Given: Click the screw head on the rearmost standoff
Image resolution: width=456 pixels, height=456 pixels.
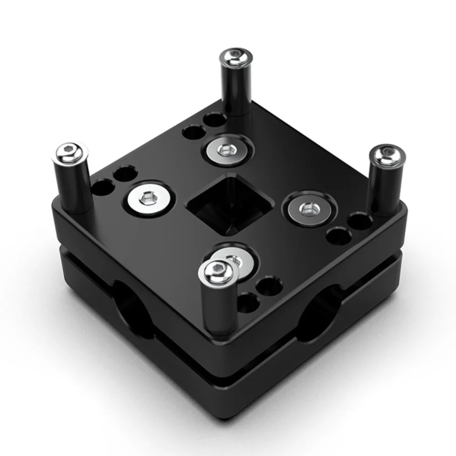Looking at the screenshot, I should [x=235, y=57].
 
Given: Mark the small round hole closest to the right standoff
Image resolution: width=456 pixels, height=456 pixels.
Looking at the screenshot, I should [x=359, y=222].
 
